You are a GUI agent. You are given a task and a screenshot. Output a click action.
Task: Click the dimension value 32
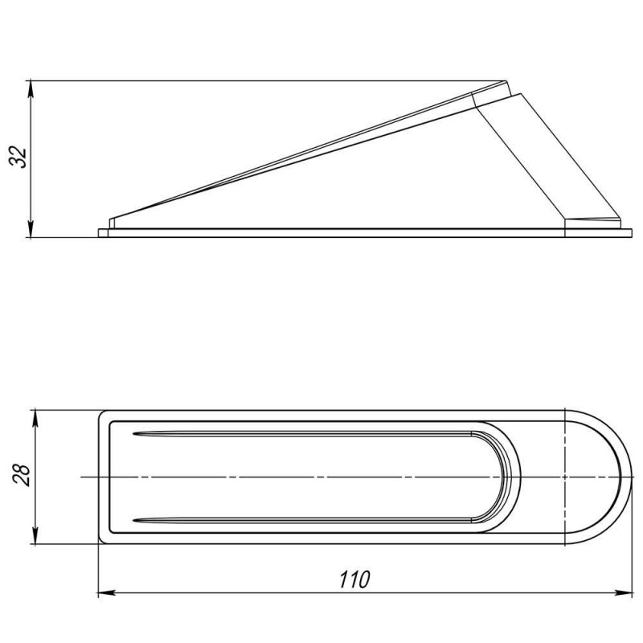pos(18,157)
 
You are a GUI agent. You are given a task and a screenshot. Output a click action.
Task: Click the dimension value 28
pos(21,476)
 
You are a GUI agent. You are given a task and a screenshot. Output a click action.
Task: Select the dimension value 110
pos(354,580)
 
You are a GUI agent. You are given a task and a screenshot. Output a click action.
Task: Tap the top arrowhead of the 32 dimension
pos(31,89)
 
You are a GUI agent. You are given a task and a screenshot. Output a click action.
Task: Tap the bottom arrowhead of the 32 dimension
pos(31,229)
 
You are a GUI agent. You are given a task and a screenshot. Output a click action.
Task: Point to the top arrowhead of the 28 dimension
pos(35,417)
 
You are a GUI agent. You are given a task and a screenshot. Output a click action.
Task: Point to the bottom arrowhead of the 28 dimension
pos(35,536)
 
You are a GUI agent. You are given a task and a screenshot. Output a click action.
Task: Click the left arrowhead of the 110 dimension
pos(107,592)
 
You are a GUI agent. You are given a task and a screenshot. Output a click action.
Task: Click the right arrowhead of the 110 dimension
pos(624,592)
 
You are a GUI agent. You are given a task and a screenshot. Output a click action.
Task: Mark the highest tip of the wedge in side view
pos(506,81)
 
